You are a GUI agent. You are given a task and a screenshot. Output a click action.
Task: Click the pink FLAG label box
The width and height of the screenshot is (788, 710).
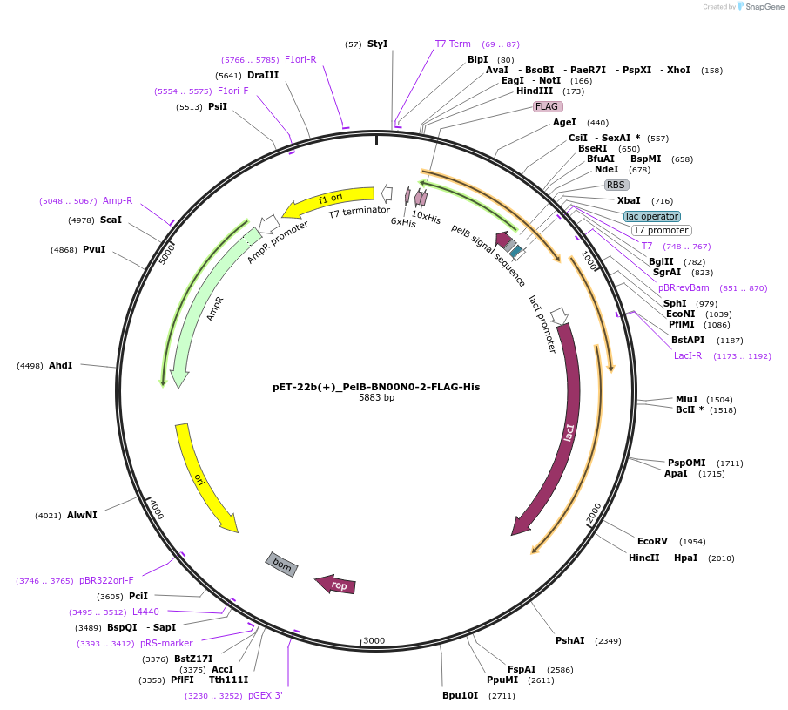[547, 106]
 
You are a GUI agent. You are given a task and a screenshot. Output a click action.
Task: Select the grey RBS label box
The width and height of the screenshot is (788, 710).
[616, 185]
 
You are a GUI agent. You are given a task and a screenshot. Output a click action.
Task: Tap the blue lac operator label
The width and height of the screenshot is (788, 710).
[652, 216]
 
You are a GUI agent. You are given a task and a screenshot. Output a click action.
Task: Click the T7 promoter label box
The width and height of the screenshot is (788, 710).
[661, 231]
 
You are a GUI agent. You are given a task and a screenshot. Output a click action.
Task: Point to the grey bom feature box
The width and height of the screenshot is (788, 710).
[282, 565]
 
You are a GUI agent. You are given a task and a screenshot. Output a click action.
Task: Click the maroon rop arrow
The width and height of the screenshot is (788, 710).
[336, 585]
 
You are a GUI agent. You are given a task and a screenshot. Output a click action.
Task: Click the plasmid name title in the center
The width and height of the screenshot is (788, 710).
[376, 387]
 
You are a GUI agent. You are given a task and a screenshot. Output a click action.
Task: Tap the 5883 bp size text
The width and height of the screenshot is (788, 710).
[376, 398]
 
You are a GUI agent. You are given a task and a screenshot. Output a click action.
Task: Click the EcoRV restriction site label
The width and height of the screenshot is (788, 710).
[652, 541]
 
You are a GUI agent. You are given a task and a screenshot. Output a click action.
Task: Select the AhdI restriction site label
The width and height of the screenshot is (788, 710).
[60, 365]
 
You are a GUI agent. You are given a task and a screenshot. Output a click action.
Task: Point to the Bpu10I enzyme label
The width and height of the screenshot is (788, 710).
[461, 696]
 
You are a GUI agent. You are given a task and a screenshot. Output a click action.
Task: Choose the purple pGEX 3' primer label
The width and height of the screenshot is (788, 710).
[266, 695]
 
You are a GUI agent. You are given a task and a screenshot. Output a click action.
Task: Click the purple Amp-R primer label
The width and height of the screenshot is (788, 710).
[118, 200]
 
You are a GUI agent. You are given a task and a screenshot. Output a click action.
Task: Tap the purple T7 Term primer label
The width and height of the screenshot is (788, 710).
[453, 44]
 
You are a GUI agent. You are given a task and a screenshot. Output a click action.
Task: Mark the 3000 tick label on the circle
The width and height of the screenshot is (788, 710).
[374, 640]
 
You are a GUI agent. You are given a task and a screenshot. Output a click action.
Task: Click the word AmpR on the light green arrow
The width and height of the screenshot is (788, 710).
[215, 308]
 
